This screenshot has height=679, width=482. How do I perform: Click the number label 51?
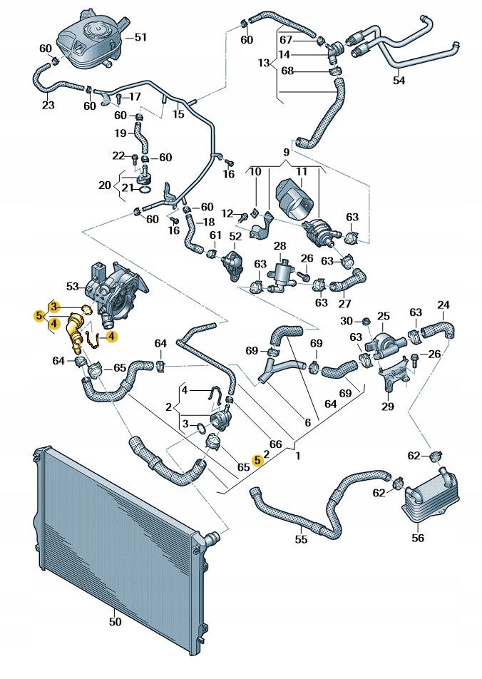140,37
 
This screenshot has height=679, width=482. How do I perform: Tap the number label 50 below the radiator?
116,621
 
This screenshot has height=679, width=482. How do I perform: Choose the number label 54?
399,81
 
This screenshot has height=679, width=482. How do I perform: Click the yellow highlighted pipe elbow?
73,335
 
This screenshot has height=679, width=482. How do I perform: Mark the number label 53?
72,287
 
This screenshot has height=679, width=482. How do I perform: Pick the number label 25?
383,316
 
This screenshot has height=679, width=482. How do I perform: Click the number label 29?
387,407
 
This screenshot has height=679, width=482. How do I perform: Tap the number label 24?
443,306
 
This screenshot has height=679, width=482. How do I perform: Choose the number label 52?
235,236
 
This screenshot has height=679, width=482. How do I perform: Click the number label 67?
286,39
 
